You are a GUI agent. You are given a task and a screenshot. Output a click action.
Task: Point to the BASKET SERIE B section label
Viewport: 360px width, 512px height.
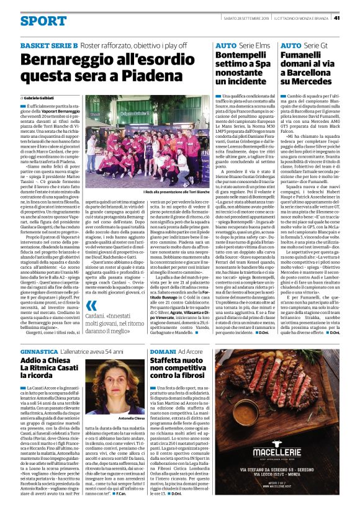[49, 47]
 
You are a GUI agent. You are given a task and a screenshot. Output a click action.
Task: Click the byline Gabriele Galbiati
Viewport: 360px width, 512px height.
[48, 99]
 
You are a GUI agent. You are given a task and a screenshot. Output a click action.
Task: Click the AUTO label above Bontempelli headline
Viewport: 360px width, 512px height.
[226, 47]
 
